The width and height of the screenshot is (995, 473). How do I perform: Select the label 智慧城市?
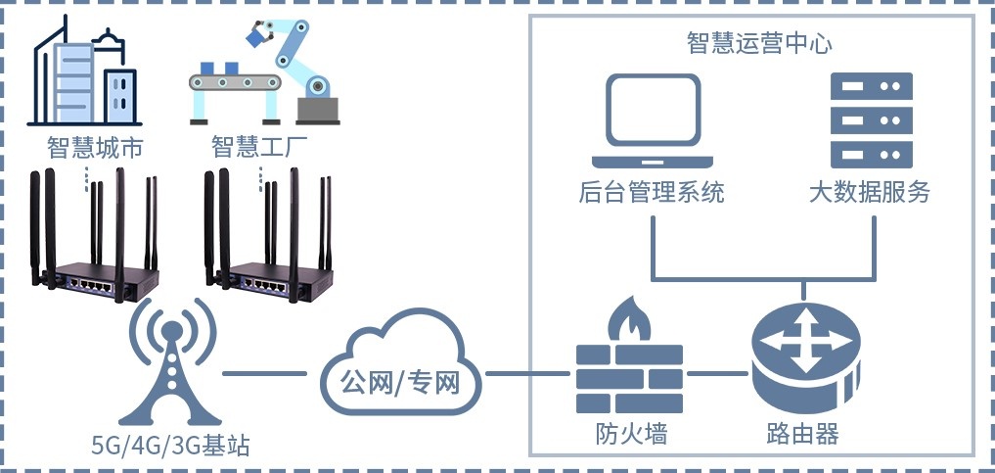pyautogui.click(x=95, y=148)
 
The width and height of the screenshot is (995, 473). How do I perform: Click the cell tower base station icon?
pyautogui.click(x=171, y=363)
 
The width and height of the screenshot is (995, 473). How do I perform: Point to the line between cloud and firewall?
pyautogui.click(x=528, y=374)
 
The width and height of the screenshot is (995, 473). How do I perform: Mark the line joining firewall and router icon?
pyautogui.click(x=718, y=374)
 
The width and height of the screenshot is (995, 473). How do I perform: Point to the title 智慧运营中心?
pyautogui.click(x=760, y=44)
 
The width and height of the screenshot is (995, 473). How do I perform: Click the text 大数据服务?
pyautogui.click(x=870, y=193)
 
